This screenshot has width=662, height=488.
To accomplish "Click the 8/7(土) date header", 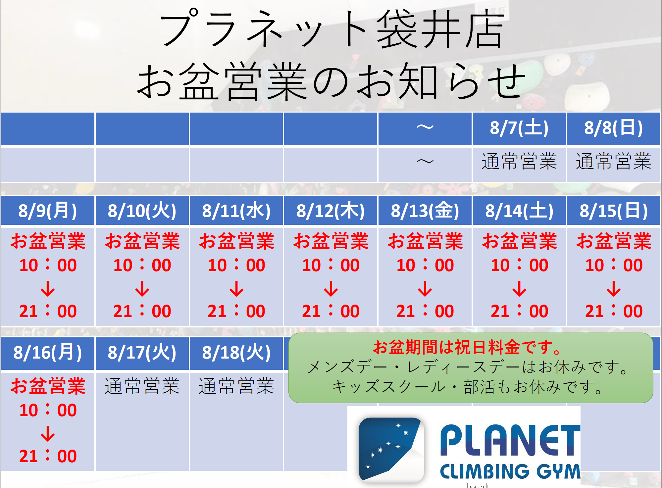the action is pyautogui.click(x=519, y=128).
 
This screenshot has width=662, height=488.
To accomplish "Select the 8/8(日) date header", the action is pyautogui.click(x=613, y=128).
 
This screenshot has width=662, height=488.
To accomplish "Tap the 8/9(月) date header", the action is pyautogui.click(x=48, y=211).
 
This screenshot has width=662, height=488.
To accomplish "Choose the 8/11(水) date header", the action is pyautogui.click(x=236, y=211).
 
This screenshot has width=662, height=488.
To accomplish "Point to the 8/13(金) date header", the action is pyautogui.click(x=425, y=211).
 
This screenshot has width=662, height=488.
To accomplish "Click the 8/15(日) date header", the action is pyautogui.click(x=613, y=211).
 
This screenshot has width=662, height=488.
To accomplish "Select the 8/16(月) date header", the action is pyautogui.click(x=48, y=352).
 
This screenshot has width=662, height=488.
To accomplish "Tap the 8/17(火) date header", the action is pyautogui.click(x=142, y=352).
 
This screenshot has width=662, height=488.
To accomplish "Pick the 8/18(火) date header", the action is pyautogui.click(x=236, y=352).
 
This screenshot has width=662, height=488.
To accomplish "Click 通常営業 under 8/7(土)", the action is pyautogui.click(x=519, y=162).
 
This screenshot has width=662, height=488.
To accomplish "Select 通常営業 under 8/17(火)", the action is pyautogui.click(x=142, y=386).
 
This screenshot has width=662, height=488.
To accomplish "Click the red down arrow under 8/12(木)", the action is pyautogui.click(x=331, y=288).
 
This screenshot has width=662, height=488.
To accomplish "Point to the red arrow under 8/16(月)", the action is pyautogui.click(x=48, y=434).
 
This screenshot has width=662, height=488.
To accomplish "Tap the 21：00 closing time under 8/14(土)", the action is pyautogui.click(x=519, y=311).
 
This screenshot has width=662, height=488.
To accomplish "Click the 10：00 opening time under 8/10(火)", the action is pyautogui.click(x=142, y=265).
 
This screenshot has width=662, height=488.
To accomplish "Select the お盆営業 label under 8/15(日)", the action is pyautogui.click(x=614, y=241).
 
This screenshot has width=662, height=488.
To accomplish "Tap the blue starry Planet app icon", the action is pyautogui.click(x=391, y=449).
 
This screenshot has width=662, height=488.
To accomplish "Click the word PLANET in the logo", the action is pyautogui.click(x=510, y=440).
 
